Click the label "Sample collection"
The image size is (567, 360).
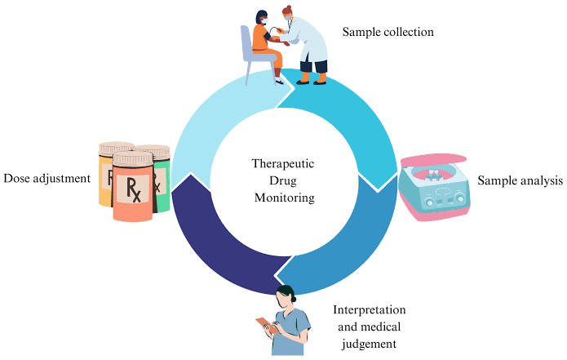(x=388, y=33)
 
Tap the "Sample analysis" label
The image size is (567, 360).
(x=520, y=180)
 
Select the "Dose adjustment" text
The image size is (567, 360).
(x=47, y=178)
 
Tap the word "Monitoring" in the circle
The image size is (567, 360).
(x=283, y=198)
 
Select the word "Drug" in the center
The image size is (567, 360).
(x=283, y=180)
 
